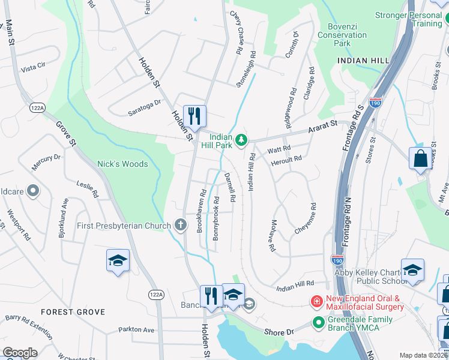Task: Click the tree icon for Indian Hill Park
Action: coord(241,140)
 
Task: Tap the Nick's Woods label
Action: coord(122,164)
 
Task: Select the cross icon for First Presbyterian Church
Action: coord(179,226)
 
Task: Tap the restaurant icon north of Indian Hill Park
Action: coord(194,115)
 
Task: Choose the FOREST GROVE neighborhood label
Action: coord(73,312)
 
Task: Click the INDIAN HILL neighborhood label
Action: coord(360,61)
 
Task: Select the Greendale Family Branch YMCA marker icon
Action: coord(318,324)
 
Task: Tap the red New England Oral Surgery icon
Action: coord(315,300)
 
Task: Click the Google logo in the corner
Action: coord(20,353)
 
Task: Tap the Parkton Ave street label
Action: coord(136,329)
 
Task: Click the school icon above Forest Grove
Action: coord(118,260)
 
